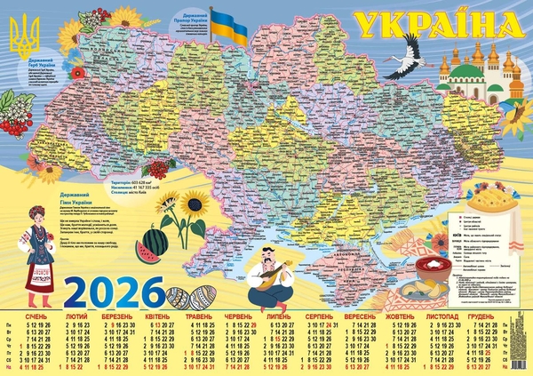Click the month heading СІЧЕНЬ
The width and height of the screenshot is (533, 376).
click(x=36, y=316)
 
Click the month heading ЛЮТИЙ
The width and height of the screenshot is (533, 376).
click(x=76, y=316)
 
